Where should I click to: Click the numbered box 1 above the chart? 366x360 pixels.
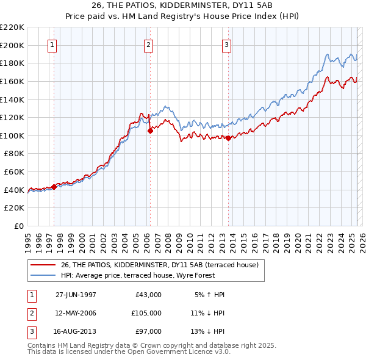click(x=52, y=45)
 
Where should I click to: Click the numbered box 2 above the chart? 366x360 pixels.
click(x=148, y=45)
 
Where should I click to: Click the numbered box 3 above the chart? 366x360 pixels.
click(x=226, y=45)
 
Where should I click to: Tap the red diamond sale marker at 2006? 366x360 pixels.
click(x=150, y=130)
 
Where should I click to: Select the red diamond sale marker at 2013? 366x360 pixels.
click(x=228, y=138)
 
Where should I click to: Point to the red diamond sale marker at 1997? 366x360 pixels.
click(x=54, y=187)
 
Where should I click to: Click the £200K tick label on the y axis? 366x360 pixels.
click(x=12, y=45)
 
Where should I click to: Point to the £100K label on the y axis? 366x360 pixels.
click(x=12, y=135)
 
